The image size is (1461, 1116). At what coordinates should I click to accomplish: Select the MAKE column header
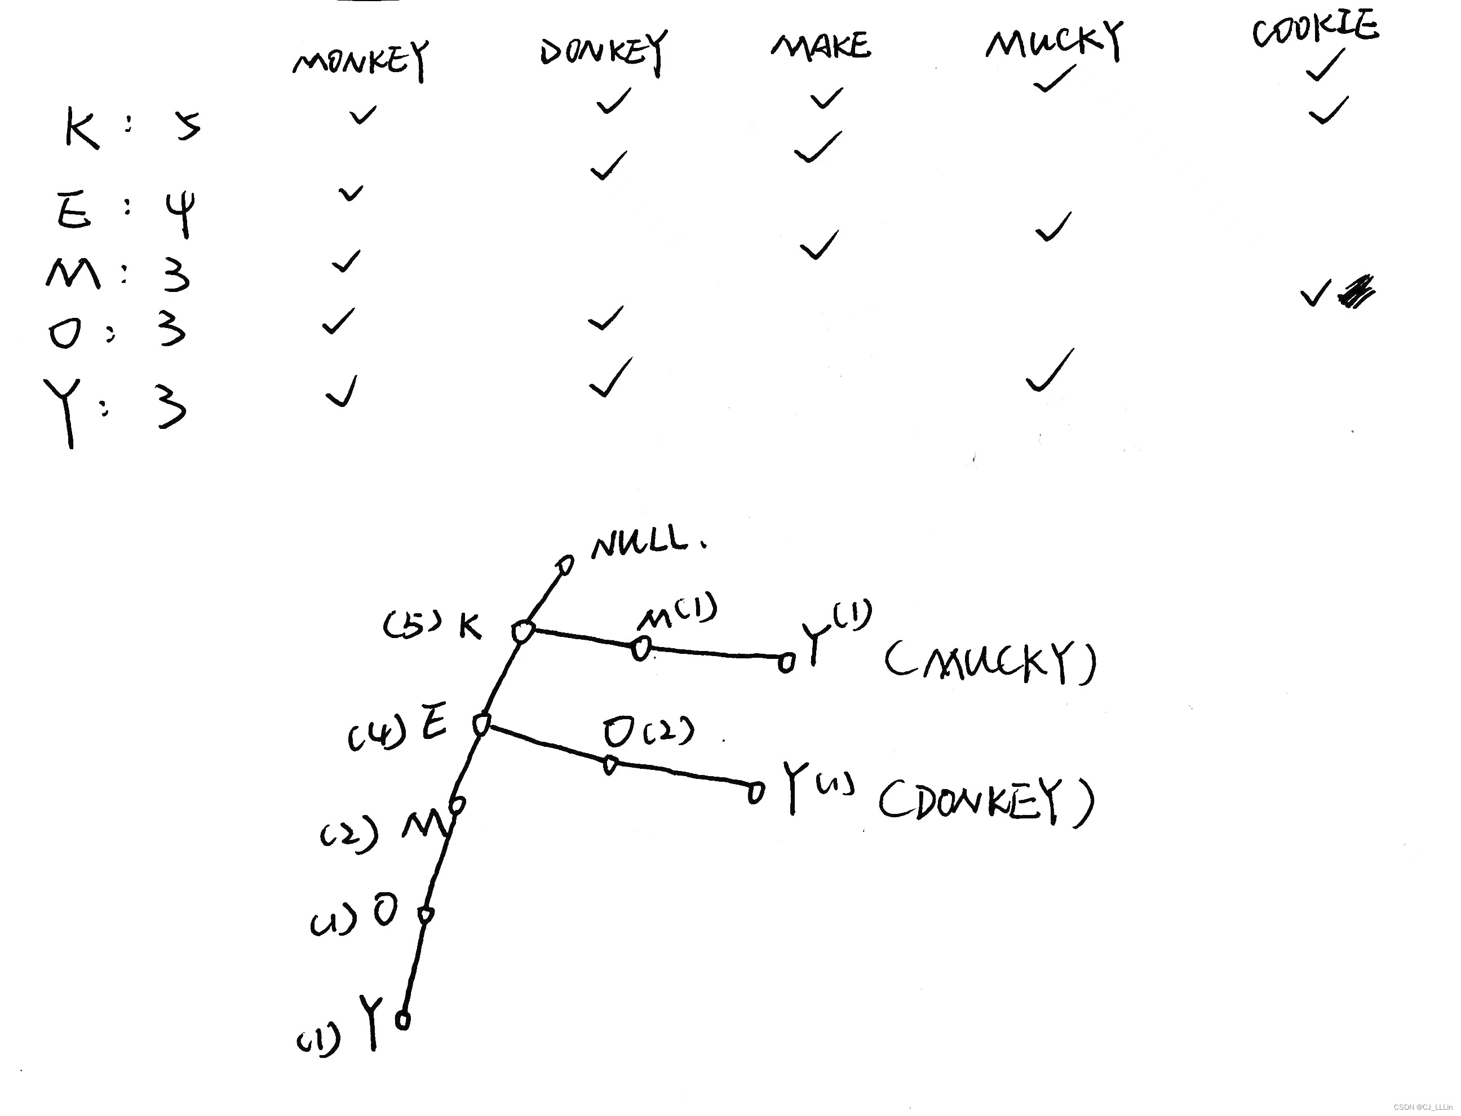(821, 46)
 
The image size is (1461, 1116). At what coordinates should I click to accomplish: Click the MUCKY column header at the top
(1055, 41)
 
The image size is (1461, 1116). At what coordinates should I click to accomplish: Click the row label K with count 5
(82, 127)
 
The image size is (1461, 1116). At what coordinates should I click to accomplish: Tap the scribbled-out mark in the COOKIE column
(1357, 293)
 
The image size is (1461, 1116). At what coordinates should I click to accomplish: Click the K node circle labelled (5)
(523, 631)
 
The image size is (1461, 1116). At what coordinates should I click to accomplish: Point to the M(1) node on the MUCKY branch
(640, 648)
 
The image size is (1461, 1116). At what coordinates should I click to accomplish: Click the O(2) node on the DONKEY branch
(610, 765)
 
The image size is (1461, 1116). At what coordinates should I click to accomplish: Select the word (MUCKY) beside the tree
(990, 662)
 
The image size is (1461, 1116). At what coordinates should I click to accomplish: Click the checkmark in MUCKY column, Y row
(1050, 372)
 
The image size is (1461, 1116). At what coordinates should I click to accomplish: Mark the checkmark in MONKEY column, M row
(346, 261)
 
